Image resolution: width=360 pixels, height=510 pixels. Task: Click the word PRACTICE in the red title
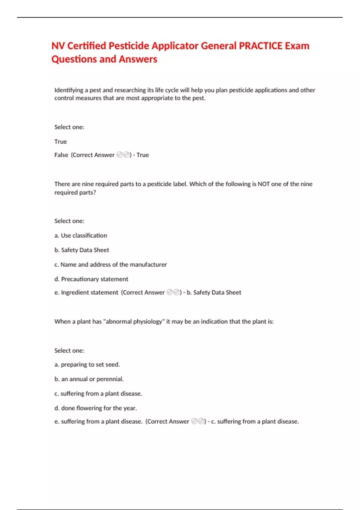click(x=260, y=46)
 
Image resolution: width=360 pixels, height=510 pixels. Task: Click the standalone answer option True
click(x=61, y=142)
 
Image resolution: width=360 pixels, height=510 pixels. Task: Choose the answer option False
click(x=61, y=155)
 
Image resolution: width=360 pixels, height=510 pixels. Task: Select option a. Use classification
click(x=81, y=235)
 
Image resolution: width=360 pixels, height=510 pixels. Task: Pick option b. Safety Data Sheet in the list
click(x=82, y=250)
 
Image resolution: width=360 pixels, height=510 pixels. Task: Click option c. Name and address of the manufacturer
click(x=110, y=265)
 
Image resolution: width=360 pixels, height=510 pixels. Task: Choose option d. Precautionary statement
click(x=91, y=279)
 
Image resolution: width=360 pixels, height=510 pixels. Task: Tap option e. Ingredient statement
click(x=86, y=292)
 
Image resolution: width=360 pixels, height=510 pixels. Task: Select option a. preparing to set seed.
click(x=87, y=364)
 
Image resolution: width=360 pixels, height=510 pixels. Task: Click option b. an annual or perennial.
click(x=89, y=379)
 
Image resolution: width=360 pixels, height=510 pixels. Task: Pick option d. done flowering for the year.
click(x=96, y=408)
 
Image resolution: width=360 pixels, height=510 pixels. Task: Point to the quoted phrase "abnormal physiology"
click(x=134, y=322)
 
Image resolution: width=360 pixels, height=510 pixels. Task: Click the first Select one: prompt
click(x=69, y=127)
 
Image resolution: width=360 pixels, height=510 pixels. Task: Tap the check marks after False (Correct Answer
click(x=123, y=155)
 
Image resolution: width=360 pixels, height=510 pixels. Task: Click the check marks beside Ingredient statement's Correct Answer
click(x=173, y=292)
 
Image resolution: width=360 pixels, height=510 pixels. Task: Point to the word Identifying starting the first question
click(x=69, y=90)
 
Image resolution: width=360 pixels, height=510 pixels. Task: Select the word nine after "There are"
click(x=88, y=184)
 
